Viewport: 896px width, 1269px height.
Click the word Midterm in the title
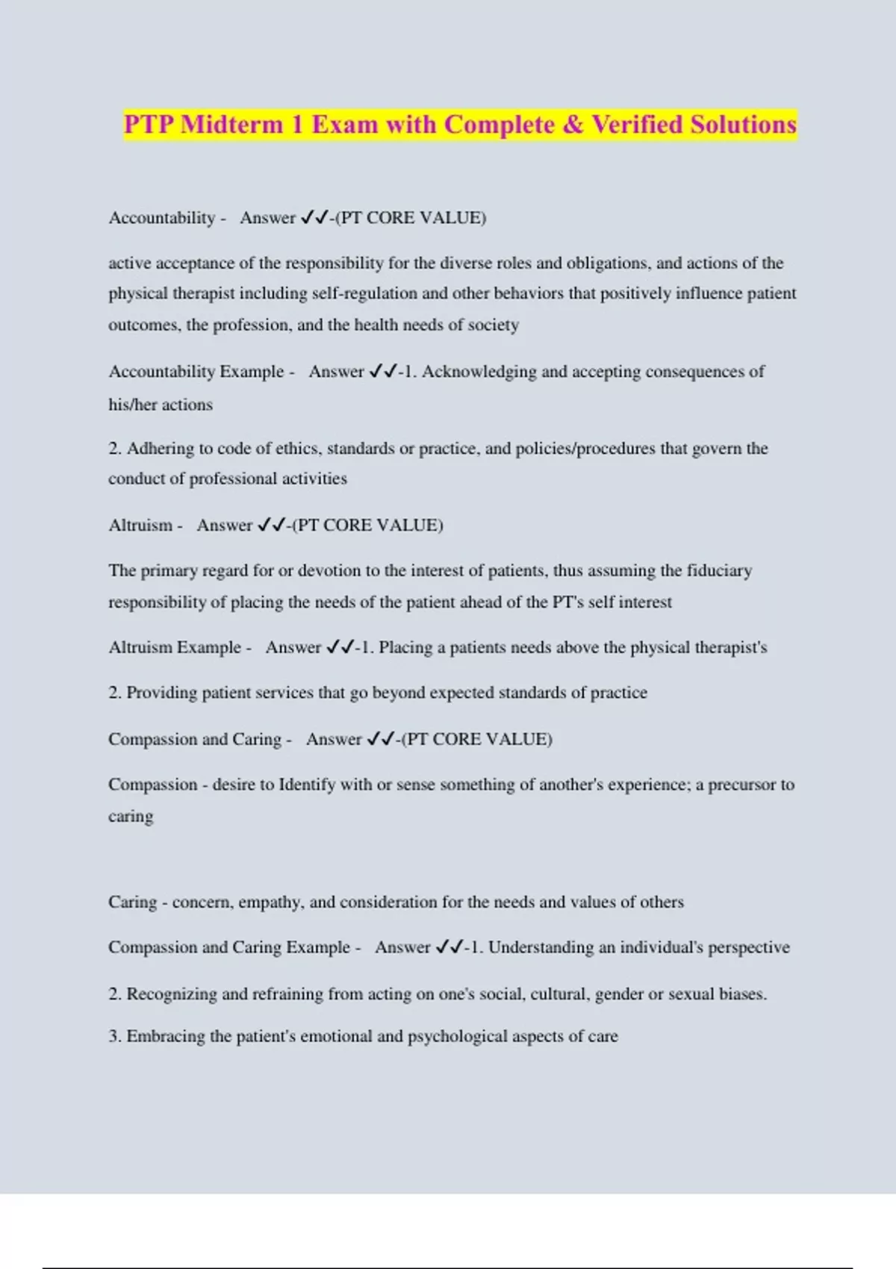tap(231, 124)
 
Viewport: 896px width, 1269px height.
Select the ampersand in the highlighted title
tap(573, 124)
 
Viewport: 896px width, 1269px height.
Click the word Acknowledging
tap(479, 372)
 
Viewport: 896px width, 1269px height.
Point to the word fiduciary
tap(715, 570)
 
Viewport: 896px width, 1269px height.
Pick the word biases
tap(742, 994)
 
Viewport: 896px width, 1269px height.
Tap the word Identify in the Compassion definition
tap(306, 785)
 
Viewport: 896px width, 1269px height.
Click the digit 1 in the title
tap(297, 124)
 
